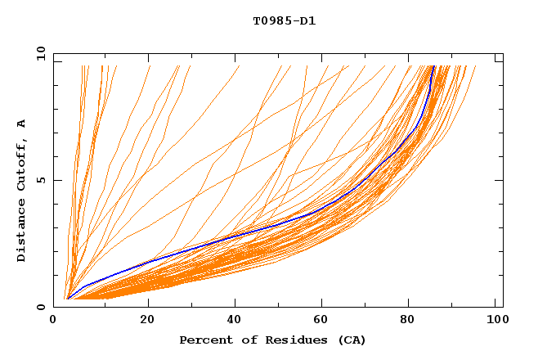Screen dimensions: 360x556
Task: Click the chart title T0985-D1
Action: (284, 21)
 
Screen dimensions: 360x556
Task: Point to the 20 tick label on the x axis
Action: (147, 321)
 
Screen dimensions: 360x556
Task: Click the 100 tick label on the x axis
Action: (495, 321)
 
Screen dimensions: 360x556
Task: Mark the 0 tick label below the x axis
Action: (54, 321)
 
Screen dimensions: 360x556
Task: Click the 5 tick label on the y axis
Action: (40, 180)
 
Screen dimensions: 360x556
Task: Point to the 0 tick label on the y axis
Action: (40, 307)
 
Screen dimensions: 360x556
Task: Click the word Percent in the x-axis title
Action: (204, 340)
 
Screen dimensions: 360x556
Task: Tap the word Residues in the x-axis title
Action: (291, 340)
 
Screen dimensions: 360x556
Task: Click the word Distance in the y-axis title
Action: (21, 232)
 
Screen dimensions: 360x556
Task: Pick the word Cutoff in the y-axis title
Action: (21, 166)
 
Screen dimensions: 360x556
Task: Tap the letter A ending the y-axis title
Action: (21, 124)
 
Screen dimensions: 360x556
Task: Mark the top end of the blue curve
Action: (433, 66)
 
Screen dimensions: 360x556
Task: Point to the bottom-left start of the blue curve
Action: (69, 298)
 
